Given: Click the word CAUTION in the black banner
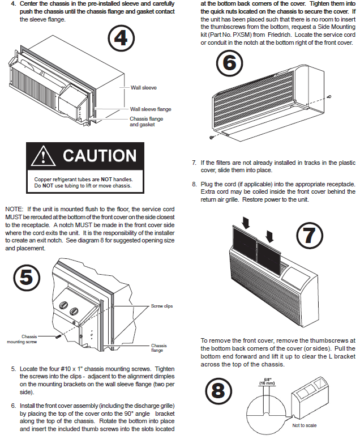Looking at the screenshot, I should click(99, 156).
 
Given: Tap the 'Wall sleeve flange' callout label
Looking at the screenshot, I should click(151, 109).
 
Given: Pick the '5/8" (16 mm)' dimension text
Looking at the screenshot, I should click(266, 383).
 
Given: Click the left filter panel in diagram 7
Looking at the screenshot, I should click(245, 245).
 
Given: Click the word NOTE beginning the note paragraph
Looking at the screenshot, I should click(14, 209).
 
